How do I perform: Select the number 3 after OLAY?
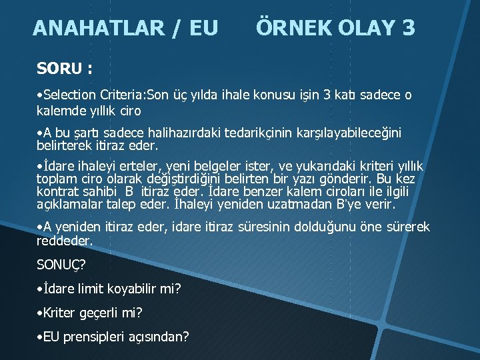pos(407,28)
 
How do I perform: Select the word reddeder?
pos(64,239)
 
